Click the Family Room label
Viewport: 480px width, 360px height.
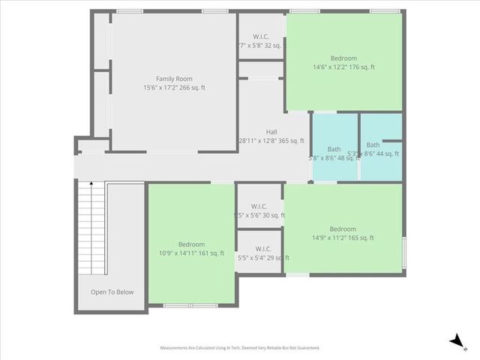(174, 79)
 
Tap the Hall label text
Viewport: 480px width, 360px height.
(271, 132)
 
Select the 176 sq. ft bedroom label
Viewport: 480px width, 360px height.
(343, 58)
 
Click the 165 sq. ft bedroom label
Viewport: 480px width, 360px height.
(343, 229)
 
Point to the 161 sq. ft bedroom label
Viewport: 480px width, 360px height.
(191, 244)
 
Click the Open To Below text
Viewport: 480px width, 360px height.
(112, 292)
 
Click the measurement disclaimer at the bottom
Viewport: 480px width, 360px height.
(240, 348)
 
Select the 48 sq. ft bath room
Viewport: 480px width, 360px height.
(334, 148)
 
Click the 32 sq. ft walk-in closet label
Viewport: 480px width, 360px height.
(261, 36)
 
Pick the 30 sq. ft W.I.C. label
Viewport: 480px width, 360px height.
(259, 206)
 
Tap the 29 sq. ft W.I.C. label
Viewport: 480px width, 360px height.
(262, 249)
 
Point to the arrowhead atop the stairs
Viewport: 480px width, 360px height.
(92, 183)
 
